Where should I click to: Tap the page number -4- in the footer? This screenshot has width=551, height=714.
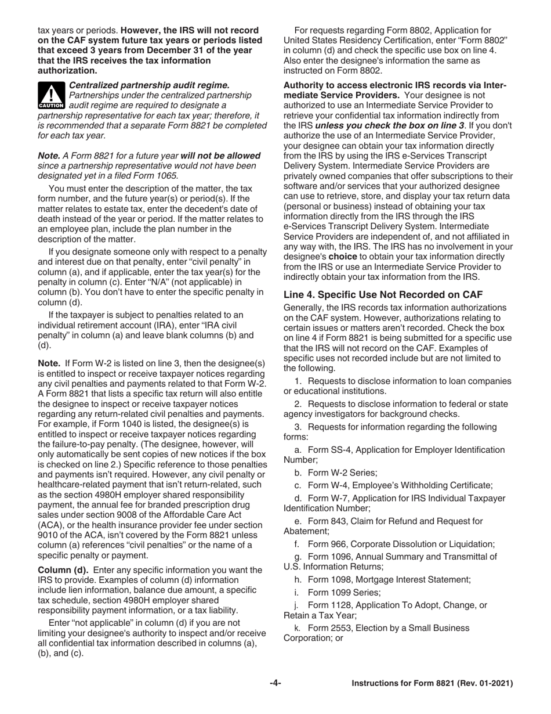(275, 684)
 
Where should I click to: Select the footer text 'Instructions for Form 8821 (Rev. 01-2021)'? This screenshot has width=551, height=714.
(433, 684)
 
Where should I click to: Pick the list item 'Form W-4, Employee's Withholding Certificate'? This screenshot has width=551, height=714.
(394, 485)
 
